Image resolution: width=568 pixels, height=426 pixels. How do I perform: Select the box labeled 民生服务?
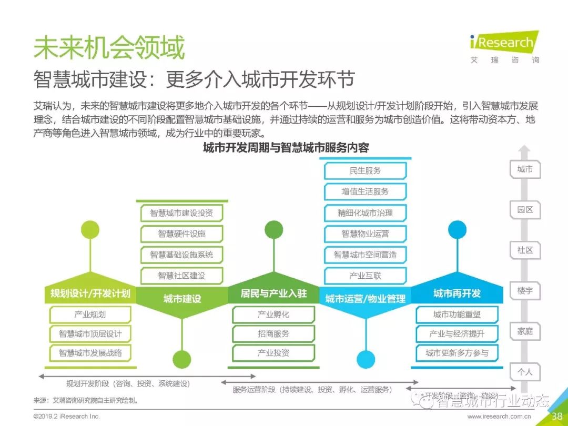(x=366, y=171)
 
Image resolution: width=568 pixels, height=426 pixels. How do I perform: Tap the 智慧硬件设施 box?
(x=182, y=234)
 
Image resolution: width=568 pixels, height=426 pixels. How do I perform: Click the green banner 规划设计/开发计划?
(x=90, y=293)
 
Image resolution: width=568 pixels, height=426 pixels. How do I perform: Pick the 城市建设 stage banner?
(x=182, y=298)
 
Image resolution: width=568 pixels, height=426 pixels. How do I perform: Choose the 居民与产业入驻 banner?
(x=273, y=293)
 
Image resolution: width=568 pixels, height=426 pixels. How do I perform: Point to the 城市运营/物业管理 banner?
(x=366, y=298)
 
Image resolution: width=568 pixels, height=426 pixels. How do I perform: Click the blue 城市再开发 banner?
(x=457, y=293)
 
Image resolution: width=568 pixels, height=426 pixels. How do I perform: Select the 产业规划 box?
(x=90, y=315)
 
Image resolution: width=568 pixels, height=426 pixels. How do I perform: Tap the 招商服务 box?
(x=273, y=333)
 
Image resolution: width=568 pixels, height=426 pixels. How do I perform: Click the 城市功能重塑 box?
(x=457, y=315)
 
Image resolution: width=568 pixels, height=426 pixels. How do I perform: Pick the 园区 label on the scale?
(x=525, y=209)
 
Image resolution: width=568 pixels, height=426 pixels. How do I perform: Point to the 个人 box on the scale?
(x=525, y=372)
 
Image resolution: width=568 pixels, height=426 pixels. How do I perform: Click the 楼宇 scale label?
(x=525, y=290)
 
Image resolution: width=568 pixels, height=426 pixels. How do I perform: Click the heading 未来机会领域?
(x=109, y=48)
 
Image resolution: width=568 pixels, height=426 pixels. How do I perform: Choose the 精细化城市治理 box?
(x=366, y=213)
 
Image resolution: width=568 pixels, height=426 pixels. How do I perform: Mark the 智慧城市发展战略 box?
(x=90, y=353)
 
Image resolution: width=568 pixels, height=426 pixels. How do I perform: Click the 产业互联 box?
(x=366, y=276)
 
